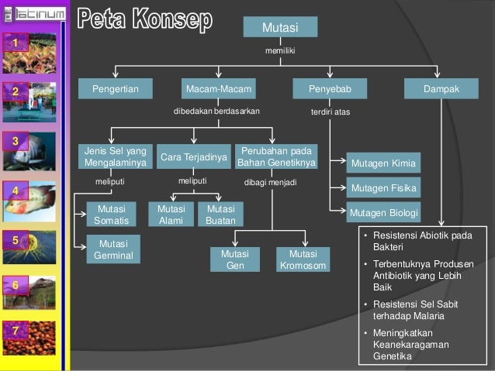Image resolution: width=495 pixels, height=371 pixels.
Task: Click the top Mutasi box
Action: pyautogui.click(x=280, y=27)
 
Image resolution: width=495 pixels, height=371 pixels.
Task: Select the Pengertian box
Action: pyautogui.click(x=116, y=90)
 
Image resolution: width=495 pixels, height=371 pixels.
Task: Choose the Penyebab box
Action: pyautogui.click(x=330, y=90)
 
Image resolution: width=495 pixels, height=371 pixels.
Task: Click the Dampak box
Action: pyautogui.click(x=441, y=90)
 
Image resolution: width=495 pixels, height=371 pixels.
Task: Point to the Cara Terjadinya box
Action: pyautogui.click(x=194, y=157)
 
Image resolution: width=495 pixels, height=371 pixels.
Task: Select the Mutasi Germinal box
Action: pyautogui.click(x=112, y=249)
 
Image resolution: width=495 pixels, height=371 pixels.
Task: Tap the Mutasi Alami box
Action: pyautogui.click(x=171, y=215)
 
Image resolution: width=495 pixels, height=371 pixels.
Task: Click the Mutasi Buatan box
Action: pyautogui.click(x=220, y=215)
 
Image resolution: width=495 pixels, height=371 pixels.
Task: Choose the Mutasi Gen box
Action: pyautogui.click(x=235, y=259)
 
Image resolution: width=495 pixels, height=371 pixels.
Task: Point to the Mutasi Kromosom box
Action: pyautogui.click(x=303, y=259)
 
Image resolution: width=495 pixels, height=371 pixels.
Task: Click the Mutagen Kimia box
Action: pyautogui.click(x=384, y=163)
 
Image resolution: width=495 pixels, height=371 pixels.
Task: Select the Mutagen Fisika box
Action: pyautogui.click(x=384, y=188)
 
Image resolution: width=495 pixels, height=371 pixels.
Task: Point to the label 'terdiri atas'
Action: pyautogui.click(x=331, y=112)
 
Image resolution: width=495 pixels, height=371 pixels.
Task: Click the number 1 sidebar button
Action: pyautogui.click(x=15, y=40)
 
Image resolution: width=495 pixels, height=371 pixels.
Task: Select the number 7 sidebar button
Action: pyautogui.click(x=15, y=331)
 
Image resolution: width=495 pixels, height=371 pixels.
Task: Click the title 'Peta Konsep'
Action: pyautogui.click(x=145, y=21)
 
